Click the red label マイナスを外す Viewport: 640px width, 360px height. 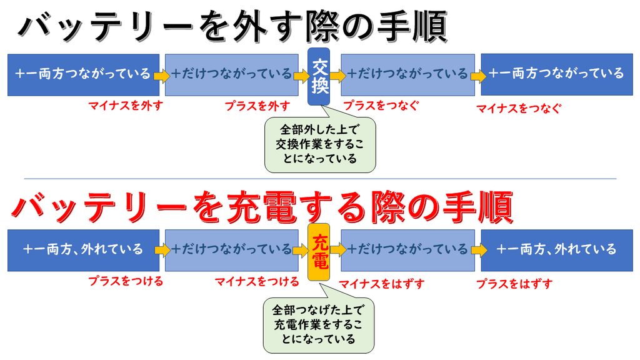click(x=126, y=106)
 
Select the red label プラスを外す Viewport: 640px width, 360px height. click(x=257, y=106)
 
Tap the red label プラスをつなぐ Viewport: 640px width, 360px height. click(x=381, y=106)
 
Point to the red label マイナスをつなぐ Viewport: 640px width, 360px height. click(x=518, y=109)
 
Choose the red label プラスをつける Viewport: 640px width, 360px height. click(x=126, y=281)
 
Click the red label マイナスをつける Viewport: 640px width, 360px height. click(x=257, y=281)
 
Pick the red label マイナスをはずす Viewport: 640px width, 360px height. click(x=382, y=284)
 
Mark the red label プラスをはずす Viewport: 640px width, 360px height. click(x=514, y=284)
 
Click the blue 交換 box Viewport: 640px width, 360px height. click(x=319, y=76)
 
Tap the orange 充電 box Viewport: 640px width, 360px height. click(x=319, y=252)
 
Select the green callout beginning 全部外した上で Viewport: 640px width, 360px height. click(x=320, y=144)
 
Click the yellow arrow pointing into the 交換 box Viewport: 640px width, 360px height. click(x=301, y=76)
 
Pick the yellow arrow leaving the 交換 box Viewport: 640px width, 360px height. click(x=338, y=75)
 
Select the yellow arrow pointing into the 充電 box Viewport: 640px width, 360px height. click(x=301, y=250)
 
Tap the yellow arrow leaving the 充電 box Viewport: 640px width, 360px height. click(x=338, y=249)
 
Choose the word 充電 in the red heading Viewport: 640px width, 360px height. click(x=262, y=207)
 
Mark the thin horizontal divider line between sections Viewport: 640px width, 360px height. click(x=320, y=179)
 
